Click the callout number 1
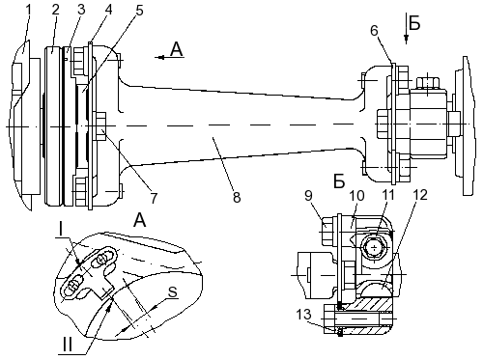(29, 10)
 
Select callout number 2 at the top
(56, 10)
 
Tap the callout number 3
(81, 10)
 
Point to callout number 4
(108, 10)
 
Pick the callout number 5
(139, 11)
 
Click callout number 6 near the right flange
(374, 31)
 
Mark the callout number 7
(154, 198)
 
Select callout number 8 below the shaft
(237, 197)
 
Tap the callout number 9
(308, 195)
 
